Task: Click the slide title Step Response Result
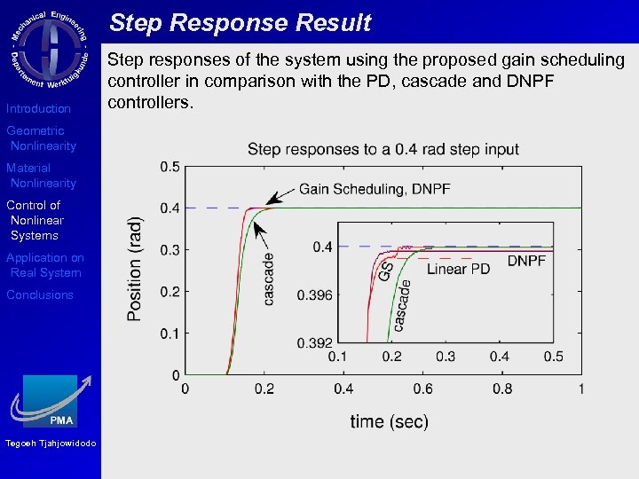pos(240,23)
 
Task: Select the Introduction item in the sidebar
pos(38,109)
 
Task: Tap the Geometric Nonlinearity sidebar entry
pos(41,138)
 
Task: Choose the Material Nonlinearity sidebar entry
pos(41,176)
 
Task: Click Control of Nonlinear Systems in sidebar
pos(35,220)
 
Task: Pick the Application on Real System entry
pos(44,265)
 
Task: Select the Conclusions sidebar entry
pos(40,295)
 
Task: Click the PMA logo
pos(51,401)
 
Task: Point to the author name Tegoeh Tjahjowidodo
pos(51,444)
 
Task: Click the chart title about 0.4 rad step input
pos(383,149)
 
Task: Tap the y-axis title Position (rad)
pos(135,269)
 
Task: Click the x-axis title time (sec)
pos(389,421)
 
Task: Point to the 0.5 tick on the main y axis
pos(169,167)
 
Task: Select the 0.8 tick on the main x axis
pos(502,389)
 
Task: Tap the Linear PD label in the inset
pos(458,269)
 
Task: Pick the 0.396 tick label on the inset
pos(315,294)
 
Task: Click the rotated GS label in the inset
pos(387,271)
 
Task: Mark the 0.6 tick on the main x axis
pos(422,389)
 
